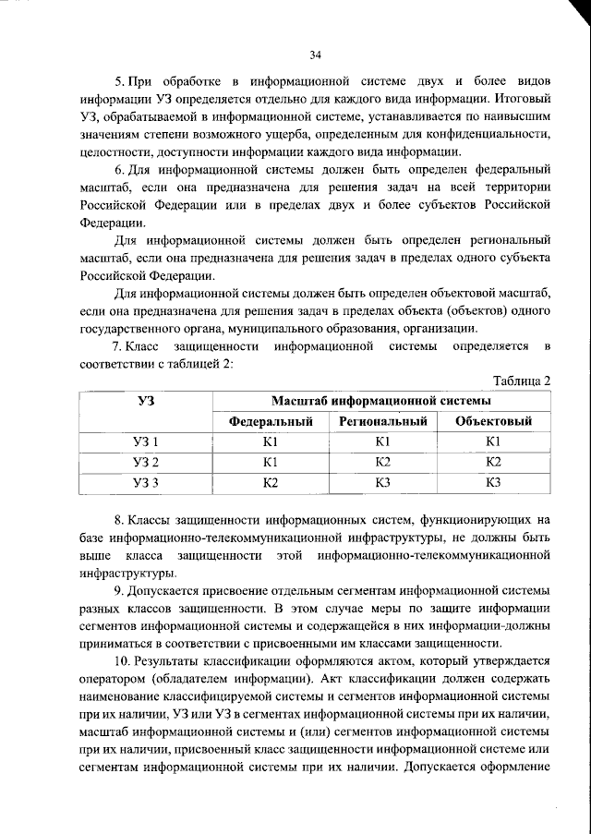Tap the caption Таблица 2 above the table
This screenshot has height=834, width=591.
522,381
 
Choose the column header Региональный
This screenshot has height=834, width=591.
382,421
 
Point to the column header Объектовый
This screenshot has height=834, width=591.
493,421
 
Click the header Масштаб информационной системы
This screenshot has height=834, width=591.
380,401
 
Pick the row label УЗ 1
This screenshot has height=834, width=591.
145,441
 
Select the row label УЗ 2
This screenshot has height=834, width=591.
145,461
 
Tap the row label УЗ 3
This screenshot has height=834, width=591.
145,481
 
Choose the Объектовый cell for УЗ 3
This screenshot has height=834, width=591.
493,481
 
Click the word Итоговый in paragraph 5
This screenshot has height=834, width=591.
524,97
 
